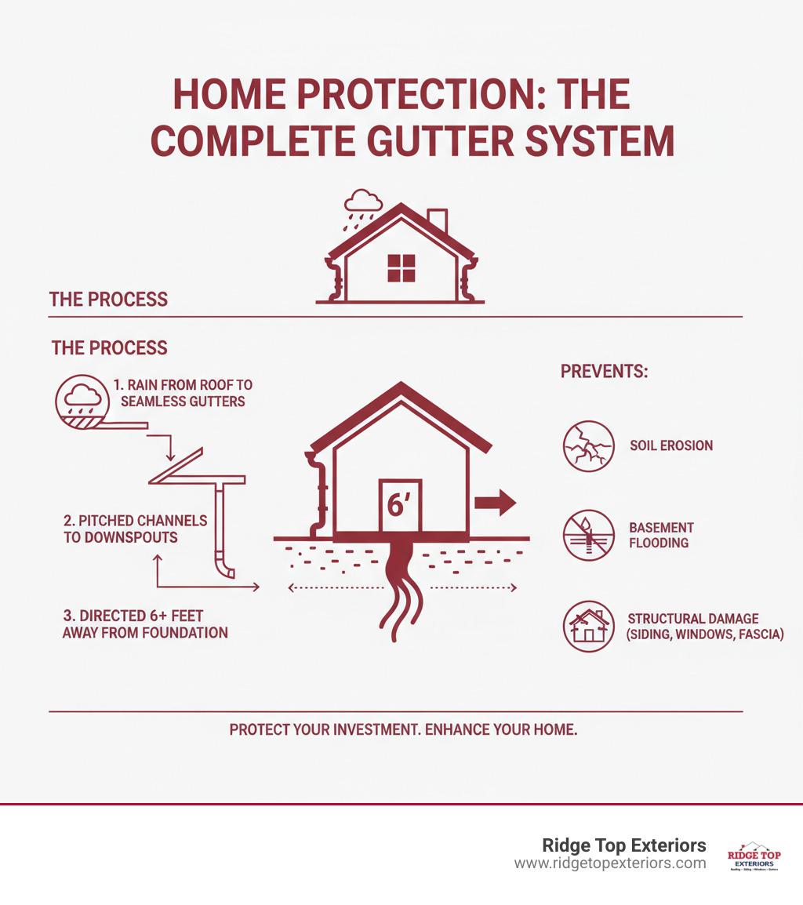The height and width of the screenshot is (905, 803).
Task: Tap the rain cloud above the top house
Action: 365,201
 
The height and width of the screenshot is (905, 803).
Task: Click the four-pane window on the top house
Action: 401,268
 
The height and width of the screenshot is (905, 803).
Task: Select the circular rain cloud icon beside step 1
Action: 78,399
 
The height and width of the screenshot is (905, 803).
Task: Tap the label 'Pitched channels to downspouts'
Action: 136,529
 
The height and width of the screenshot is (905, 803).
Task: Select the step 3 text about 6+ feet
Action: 145,623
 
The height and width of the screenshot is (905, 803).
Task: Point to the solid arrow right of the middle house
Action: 495,503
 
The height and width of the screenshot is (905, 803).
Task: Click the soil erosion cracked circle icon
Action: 589,445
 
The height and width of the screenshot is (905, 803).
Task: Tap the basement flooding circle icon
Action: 589,535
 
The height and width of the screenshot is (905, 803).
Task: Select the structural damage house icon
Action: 589,626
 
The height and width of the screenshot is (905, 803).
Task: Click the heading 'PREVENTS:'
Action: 604,371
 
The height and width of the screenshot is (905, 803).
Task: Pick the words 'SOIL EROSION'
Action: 670,445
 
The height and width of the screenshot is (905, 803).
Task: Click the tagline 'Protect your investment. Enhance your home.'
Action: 403,729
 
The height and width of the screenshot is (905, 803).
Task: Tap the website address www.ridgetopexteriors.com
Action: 610,863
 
